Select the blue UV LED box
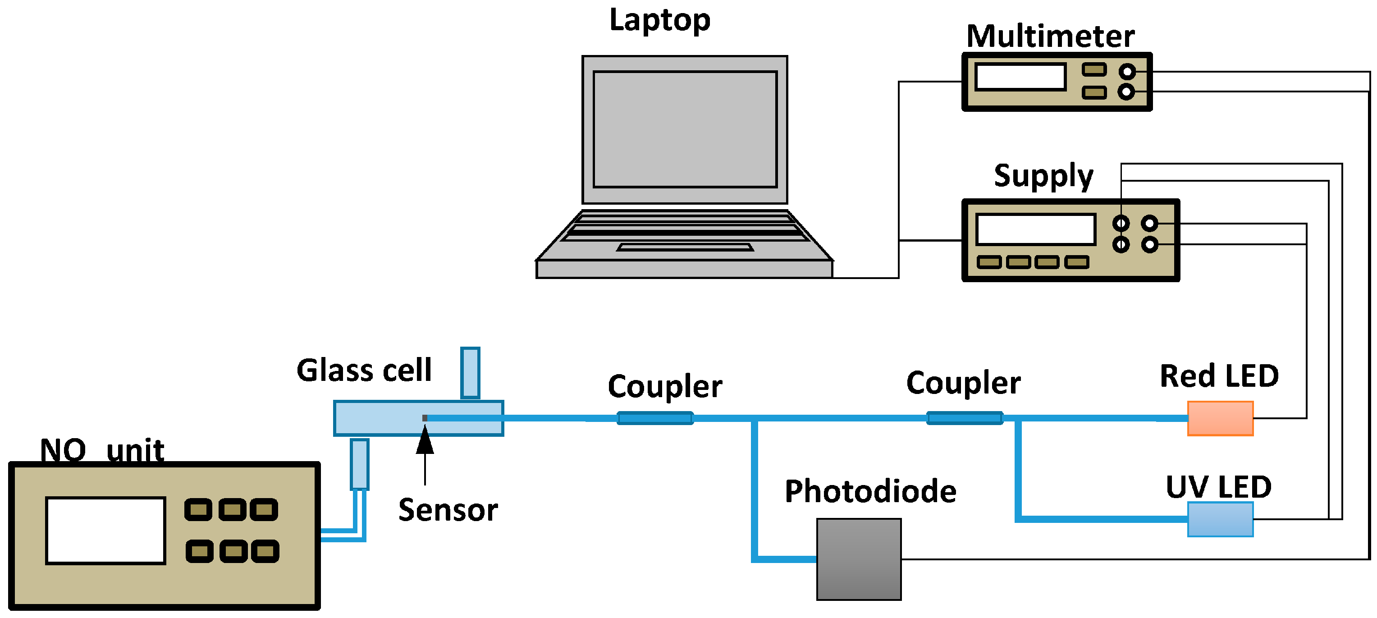pos(1220,519)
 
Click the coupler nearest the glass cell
pos(655,418)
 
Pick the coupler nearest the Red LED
pos(964,418)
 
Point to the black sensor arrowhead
pos(425,440)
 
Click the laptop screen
pos(685,129)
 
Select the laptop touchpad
pos(685,247)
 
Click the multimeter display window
pos(1020,77)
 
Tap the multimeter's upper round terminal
pos(1127,71)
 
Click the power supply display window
pos(1035,229)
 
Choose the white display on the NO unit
pos(105,530)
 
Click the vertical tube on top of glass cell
pos(470,373)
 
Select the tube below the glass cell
pos(360,464)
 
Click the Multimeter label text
pos(1050,37)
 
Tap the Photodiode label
pos(870,491)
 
